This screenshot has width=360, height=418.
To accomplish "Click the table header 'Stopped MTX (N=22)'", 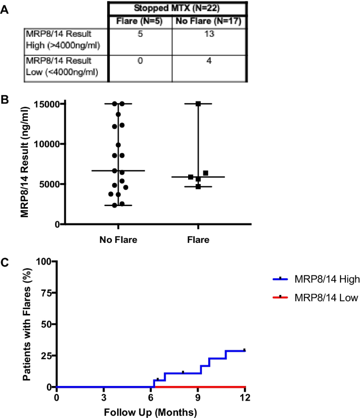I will click(x=177, y=9).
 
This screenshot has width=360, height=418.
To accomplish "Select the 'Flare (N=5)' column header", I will click(x=140, y=21).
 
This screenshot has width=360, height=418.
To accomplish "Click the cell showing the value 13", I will click(x=210, y=34).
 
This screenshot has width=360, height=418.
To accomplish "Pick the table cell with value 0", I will click(x=140, y=60).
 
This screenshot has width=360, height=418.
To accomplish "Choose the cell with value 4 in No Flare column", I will click(x=210, y=60).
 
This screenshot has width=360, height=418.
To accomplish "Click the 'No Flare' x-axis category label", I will click(x=118, y=240).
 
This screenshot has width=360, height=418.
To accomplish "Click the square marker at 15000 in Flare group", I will click(x=198, y=104).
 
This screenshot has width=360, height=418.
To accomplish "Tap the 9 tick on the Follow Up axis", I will click(x=198, y=397).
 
